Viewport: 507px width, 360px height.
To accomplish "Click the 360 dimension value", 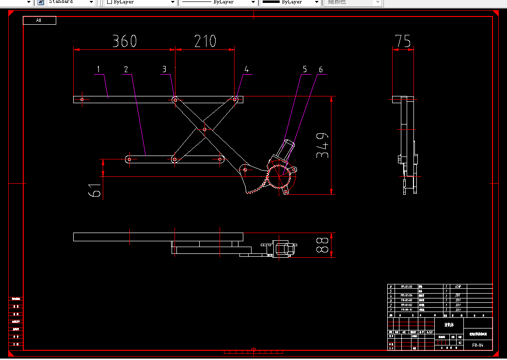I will tap(124, 41).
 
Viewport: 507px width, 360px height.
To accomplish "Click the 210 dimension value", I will tap(205, 41).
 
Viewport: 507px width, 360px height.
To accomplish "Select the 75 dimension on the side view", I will tap(403, 41).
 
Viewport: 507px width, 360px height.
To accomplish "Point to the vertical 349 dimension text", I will tap(323, 145).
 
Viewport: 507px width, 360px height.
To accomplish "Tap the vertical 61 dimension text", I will tap(95, 187).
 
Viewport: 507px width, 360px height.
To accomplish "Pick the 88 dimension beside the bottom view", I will tap(323, 245).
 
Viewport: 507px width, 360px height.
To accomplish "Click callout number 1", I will tap(98, 69).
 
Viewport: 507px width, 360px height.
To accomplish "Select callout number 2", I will tap(126, 69).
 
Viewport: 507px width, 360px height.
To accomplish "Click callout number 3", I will tap(164, 69).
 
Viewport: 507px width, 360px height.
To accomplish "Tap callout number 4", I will tap(246, 69).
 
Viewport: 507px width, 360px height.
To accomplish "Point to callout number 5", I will tap(305, 69).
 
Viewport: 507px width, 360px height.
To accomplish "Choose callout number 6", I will tap(320, 69).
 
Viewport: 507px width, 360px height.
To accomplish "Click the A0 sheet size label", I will tap(39, 20).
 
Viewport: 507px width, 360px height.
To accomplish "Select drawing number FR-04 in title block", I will tap(478, 345).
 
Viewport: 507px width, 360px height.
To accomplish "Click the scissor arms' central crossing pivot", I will tap(205, 129).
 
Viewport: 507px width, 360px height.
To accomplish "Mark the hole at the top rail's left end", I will tap(82, 99).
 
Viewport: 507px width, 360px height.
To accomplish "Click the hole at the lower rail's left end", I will tap(129, 158).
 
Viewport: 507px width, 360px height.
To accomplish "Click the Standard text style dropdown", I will tap(71, 2).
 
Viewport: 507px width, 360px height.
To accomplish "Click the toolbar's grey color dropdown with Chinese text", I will tap(352, 2).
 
